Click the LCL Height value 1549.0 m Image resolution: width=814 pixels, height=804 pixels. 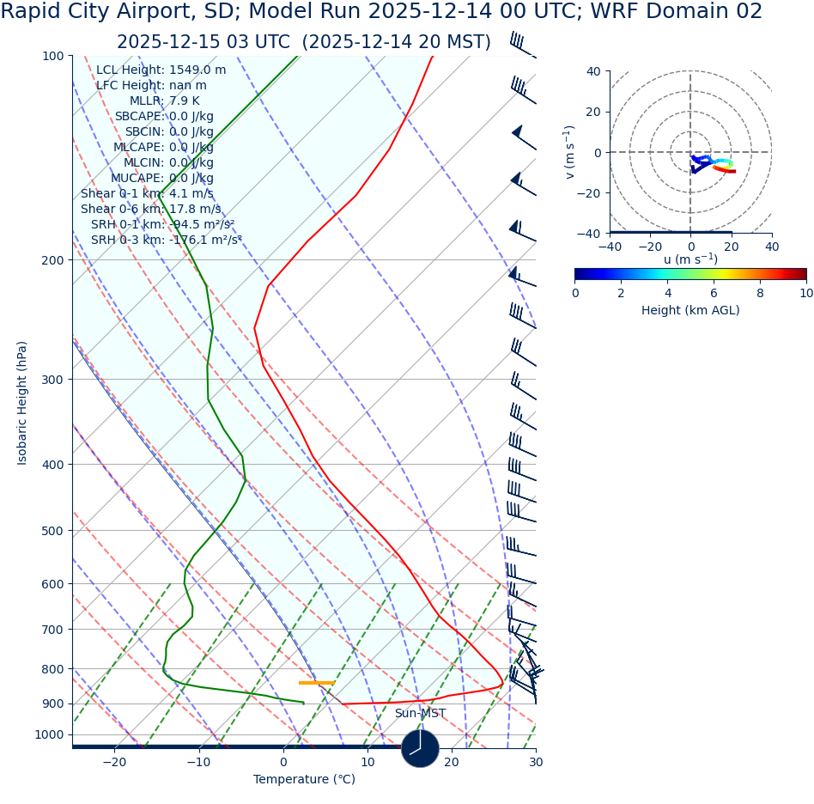tap(197, 70)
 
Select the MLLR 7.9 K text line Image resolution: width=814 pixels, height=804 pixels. tap(164, 101)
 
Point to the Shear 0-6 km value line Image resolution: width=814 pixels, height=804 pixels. tap(150, 210)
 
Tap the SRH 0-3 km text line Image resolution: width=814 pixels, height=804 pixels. tap(166, 241)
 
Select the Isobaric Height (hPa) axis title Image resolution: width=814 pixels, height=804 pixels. tap(22, 403)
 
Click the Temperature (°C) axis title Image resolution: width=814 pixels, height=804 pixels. tap(304, 780)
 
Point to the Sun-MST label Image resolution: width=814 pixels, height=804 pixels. tap(420, 714)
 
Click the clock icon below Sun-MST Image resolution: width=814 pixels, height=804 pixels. tap(420, 748)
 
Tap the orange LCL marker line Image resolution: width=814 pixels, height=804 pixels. tap(316, 683)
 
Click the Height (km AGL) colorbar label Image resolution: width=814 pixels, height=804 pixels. tap(690, 311)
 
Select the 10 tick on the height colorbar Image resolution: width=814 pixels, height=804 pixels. tap(806, 293)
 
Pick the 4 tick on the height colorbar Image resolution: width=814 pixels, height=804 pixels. tap(667, 293)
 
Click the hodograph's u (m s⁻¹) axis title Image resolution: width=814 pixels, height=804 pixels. tap(690, 259)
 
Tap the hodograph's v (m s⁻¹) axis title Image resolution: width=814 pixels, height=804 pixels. tap(569, 152)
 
